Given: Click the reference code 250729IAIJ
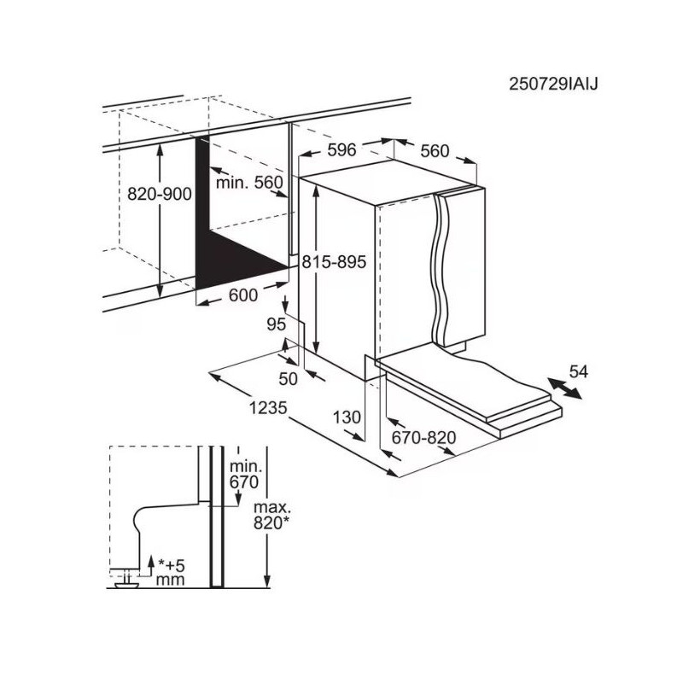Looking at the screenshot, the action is [x=553, y=84].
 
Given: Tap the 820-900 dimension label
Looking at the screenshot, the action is [x=160, y=194].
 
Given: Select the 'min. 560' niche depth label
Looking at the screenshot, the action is [x=249, y=182].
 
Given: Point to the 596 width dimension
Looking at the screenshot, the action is [x=342, y=150].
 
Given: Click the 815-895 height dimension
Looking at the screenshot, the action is [x=334, y=262].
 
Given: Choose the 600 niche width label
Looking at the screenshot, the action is [x=243, y=295].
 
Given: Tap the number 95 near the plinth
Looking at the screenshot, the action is [x=276, y=324].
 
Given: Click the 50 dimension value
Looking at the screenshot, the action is [x=288, y=378].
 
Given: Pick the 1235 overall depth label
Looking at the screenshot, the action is [x=268, y=408].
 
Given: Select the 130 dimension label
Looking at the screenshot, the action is [x=347, y=417].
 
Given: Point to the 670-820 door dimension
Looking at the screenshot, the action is [x=423, y=437].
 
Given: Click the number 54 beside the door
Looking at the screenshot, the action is [x=579, y=371].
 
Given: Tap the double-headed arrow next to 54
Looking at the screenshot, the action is [x=564, y=388].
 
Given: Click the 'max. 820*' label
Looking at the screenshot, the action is [x=271, y=516].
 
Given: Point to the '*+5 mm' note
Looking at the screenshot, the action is [x=171, y=572].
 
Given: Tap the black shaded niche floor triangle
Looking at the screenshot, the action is [x=242, y=260].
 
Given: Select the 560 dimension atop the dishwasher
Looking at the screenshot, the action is [x=435, y=151].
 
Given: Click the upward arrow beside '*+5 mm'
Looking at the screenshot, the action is [x=151, y=565].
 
